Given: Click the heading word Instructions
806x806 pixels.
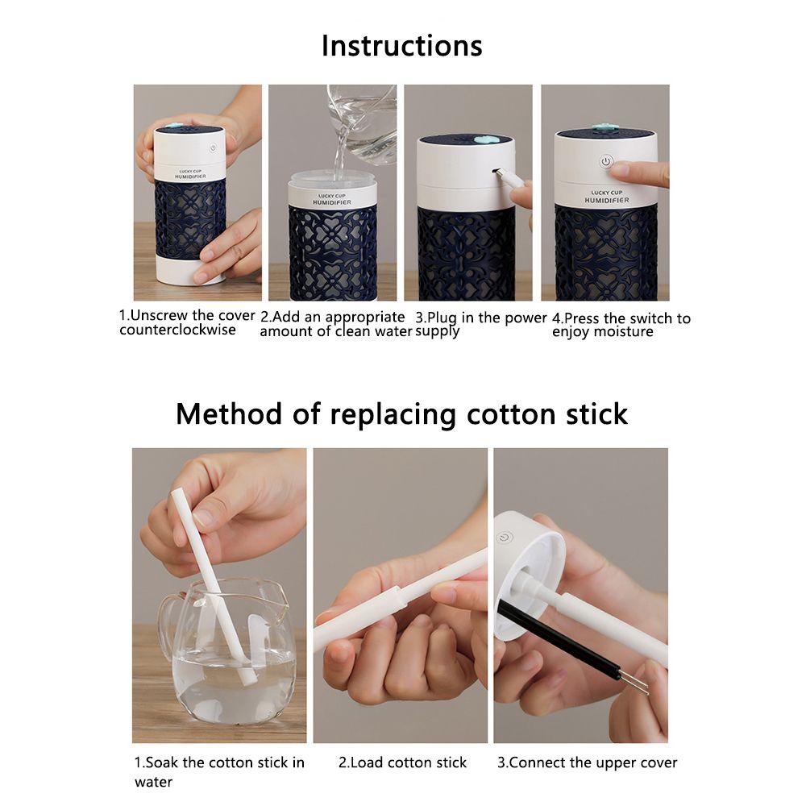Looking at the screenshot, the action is click(401, 46).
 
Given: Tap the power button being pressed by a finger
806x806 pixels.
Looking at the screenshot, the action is click(607, 162).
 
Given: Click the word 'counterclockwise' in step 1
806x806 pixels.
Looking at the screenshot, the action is click(177, 330).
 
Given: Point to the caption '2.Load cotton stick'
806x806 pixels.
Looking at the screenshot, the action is click(402, 762).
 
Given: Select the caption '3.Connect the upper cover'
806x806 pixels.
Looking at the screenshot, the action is click(587, 762).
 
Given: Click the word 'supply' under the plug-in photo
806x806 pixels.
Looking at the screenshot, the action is click(437, 331).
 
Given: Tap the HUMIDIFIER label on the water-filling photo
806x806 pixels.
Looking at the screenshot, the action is click(332, 202).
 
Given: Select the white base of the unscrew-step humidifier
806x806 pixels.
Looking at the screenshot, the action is click(190, 270).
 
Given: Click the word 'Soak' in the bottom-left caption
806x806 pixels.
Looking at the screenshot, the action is click(162, 762).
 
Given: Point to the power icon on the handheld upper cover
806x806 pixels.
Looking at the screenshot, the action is click(505, 538).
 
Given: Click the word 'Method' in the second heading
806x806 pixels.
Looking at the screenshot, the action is click(229, 414).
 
